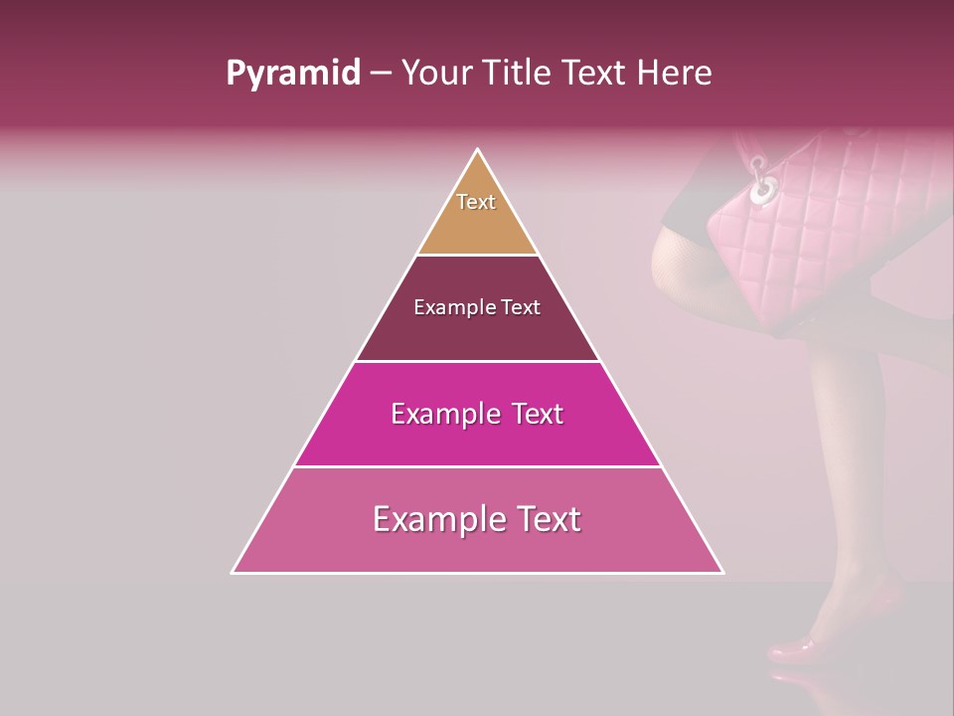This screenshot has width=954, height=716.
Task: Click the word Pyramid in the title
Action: point(292,74)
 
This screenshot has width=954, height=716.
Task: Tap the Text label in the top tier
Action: point(476,202)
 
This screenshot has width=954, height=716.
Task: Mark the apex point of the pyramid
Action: point(478,149)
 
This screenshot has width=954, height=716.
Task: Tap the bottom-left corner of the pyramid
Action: point(233,573)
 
